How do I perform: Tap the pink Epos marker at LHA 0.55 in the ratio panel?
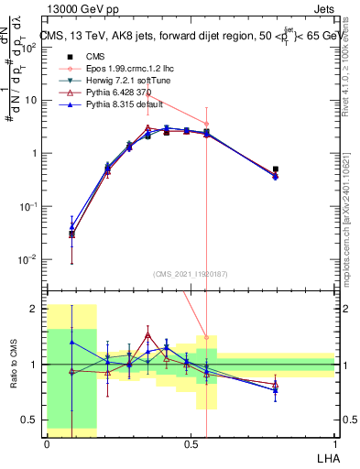[207, 337]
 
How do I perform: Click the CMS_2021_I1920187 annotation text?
[191, 273]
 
